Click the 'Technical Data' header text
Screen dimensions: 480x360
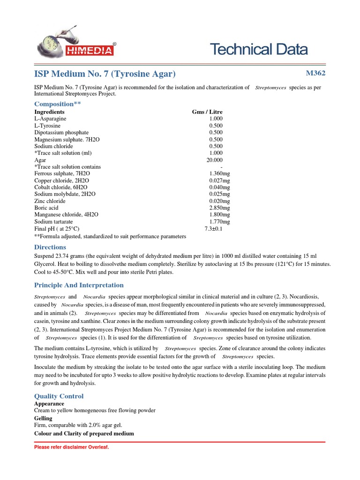259,49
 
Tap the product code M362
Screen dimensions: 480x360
315,73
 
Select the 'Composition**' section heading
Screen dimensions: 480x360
58,104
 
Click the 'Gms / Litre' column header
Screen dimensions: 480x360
207,112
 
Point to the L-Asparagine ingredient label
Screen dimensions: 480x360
51,119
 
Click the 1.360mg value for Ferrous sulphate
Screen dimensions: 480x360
219,173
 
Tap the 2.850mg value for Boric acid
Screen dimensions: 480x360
219,208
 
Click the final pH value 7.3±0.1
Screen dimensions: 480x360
213,228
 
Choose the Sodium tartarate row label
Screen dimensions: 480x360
53,221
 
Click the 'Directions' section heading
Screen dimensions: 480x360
50,247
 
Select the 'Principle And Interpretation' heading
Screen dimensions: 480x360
79,285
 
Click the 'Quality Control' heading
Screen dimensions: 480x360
59,396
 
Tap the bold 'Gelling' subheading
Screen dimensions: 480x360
43,418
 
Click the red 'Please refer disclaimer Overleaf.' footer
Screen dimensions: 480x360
71,447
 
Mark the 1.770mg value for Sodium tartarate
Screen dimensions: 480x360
219,221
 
